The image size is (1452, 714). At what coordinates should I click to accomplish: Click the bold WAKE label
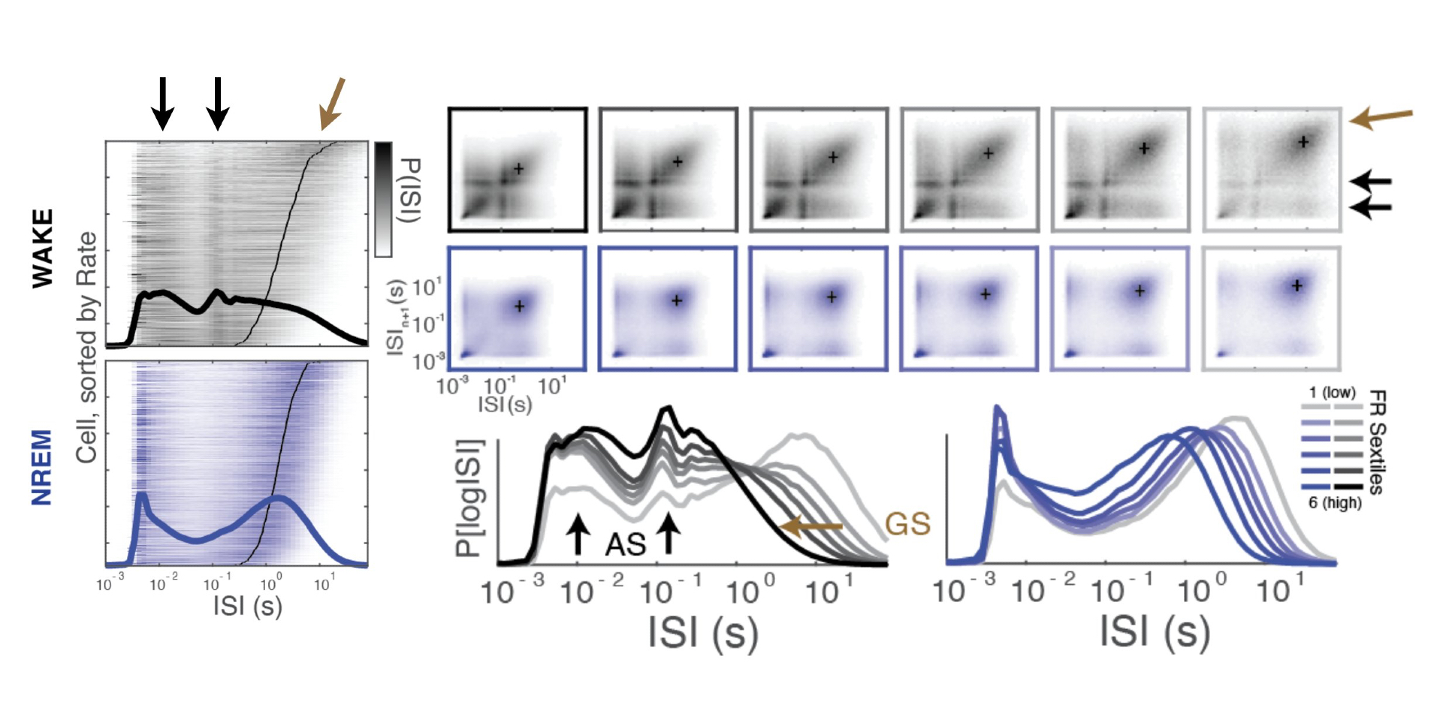[x=43, y=248]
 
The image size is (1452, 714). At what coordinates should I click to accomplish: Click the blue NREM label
[x=42, y=467]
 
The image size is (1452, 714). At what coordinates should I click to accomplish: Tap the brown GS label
[x=907, y=524]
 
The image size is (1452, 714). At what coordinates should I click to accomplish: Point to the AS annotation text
[x=625, y=544]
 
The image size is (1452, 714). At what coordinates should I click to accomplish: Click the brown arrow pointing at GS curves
[x=811, y=526]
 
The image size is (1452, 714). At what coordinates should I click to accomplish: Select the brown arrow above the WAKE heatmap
[x=332, y=104]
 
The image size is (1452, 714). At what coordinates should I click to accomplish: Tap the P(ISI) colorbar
[x=384, y=200]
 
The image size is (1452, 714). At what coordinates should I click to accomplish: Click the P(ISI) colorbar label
[x=410, y=190]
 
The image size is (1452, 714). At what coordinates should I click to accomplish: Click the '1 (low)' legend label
[x=1331, y=393]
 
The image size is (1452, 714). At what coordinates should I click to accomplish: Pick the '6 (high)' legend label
[x=1334, y=503]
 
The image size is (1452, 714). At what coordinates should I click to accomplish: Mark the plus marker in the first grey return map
[x=519, y=169]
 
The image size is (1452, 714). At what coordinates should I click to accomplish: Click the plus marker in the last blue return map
[x=1297, y=286]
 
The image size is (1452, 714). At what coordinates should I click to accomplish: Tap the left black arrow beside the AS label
[x=577, y=534]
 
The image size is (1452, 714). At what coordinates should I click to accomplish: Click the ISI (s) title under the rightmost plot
[x=1154, y=630]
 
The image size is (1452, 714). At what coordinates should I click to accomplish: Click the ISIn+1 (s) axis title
[x=397, y=317]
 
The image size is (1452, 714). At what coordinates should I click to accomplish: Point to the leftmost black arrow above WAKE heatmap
[x=163, y=103]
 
